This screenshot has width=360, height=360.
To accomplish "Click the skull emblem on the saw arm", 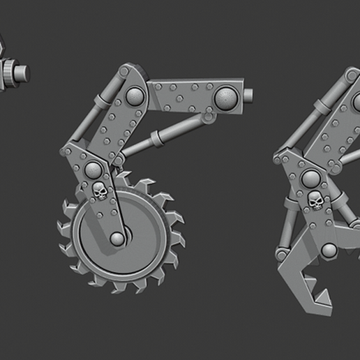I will [x=99, y=190].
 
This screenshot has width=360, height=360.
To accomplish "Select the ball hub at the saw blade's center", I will [x=117, y=239].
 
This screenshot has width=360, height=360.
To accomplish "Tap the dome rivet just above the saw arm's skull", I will [x=92, y=169].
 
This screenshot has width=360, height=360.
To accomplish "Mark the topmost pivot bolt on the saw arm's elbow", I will [x=125, y=72].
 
